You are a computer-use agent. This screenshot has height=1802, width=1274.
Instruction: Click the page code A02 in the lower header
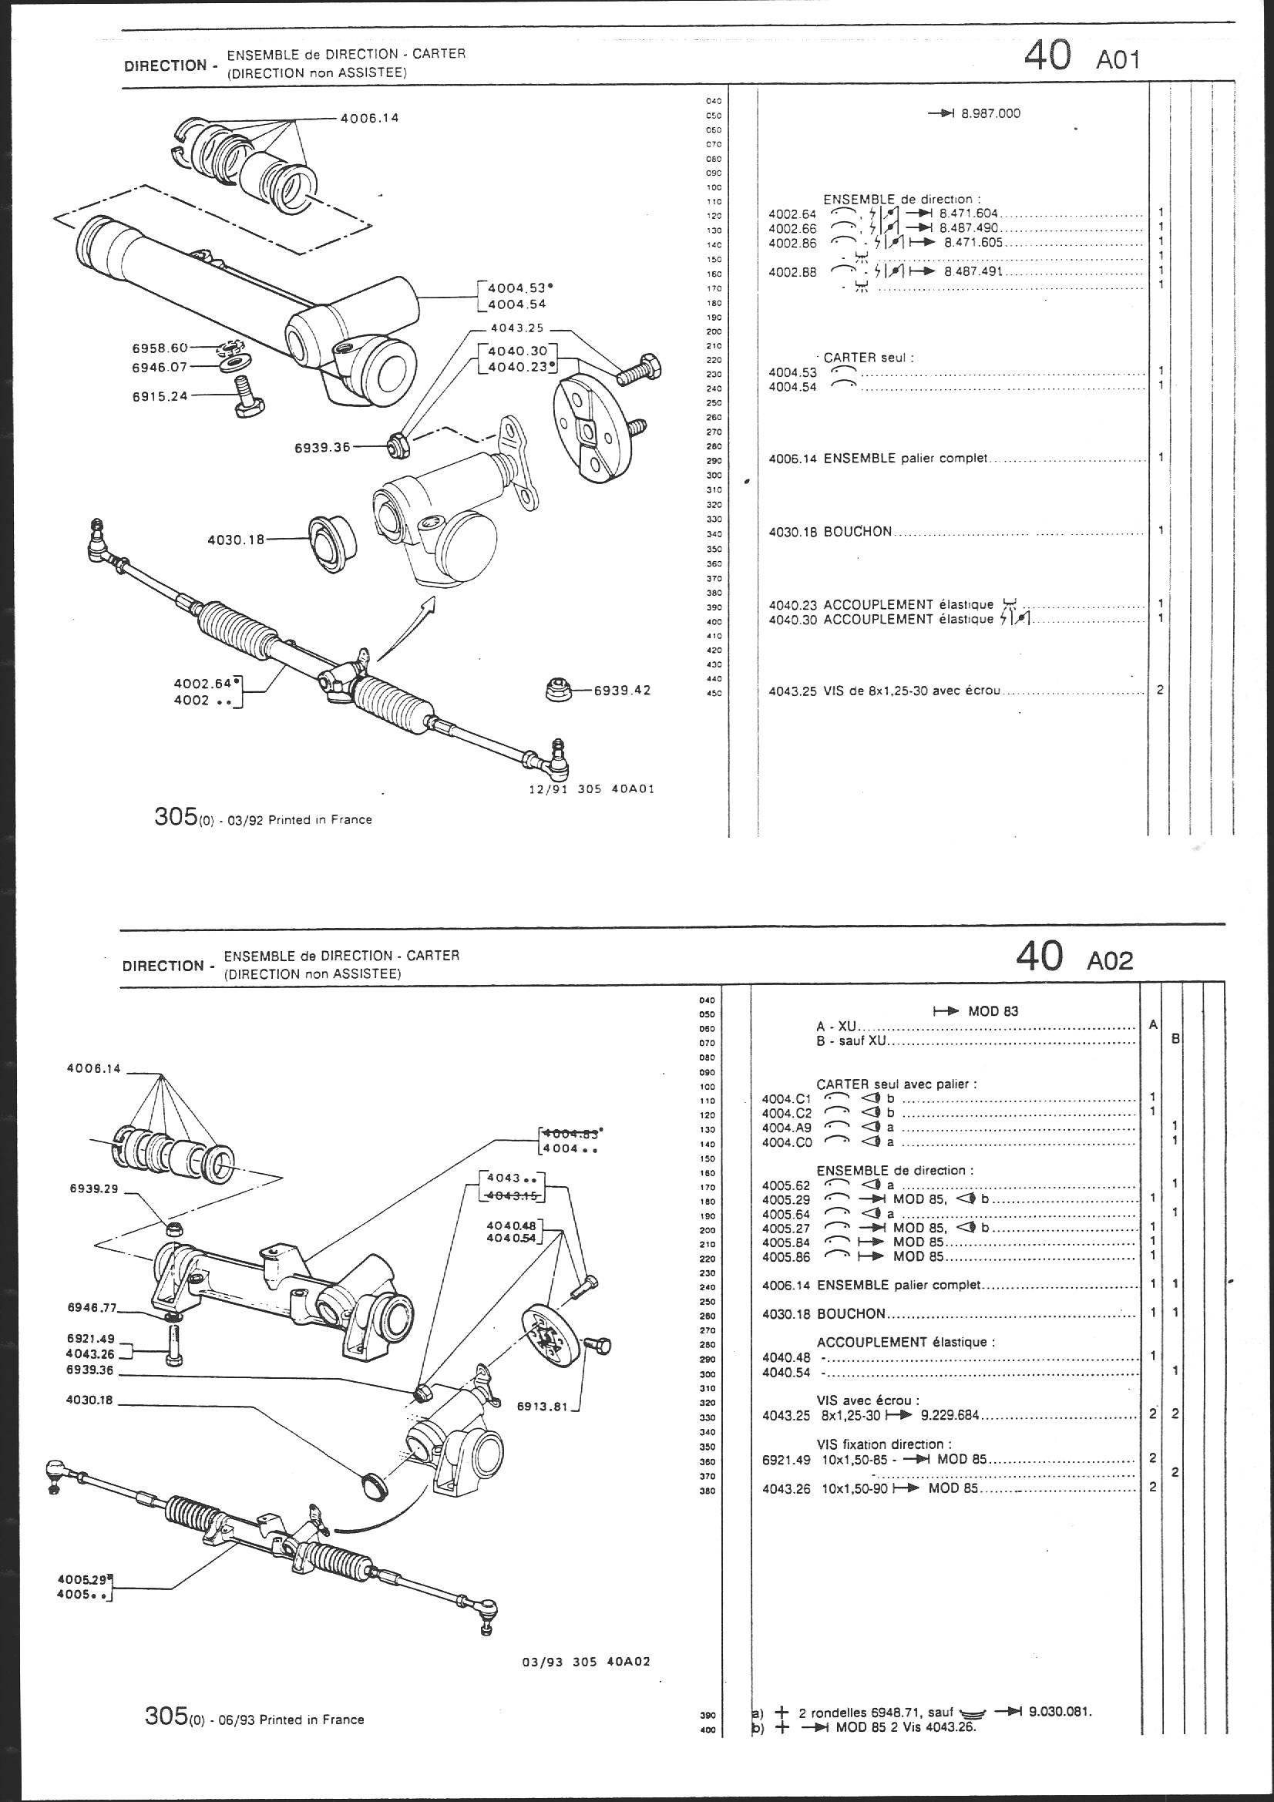(x=1110, y=960)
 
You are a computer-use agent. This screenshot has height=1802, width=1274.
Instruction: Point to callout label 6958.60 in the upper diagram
(x=160, y=348)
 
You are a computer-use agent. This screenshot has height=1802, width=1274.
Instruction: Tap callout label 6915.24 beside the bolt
(x=160, y=396)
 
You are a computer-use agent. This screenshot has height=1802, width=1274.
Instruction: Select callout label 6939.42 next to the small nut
(x=622, y=691)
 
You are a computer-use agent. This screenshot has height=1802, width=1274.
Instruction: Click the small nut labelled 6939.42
(x=558, y=691)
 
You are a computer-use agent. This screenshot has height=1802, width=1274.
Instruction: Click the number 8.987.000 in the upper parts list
(x=990, y=114)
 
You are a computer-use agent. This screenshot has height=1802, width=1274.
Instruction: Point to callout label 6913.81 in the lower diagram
(x=542, y=1407)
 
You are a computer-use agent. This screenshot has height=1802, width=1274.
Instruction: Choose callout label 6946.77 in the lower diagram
(x=92, y=1308)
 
